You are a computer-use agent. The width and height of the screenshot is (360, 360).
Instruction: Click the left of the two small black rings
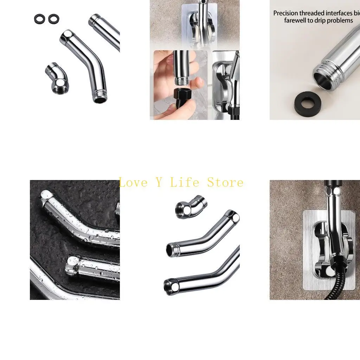(x=39, y=19)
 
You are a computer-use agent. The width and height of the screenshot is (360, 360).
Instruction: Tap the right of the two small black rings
(x=53, y=19)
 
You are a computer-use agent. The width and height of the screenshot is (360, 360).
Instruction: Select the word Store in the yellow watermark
(x=225, y=182)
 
